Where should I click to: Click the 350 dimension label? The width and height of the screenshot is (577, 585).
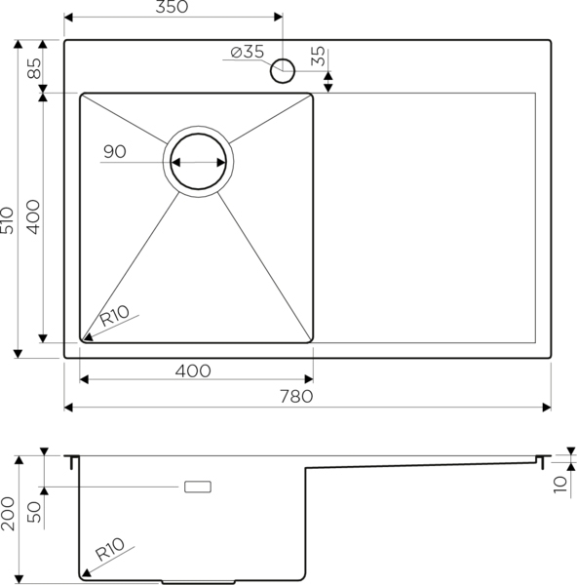[172, 7]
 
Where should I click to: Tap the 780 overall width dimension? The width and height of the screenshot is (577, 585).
[296, 397]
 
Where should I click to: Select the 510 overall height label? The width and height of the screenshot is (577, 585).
[7, 220]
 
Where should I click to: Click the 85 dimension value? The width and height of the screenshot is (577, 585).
[34, 68]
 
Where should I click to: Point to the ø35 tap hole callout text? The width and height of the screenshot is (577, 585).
[248, 52]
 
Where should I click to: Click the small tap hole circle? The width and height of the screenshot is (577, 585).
[283, 71]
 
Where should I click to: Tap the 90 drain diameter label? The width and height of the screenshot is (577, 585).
[114, 151]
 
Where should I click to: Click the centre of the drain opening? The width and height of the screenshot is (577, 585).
[198, 162]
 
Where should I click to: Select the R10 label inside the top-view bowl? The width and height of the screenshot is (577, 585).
[115, 316]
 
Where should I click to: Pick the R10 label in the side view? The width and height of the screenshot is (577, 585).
[109, 549]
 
